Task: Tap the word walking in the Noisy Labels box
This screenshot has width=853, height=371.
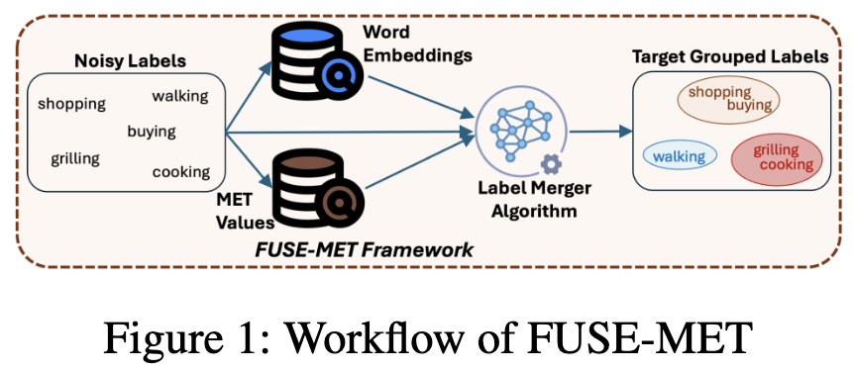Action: (x=179, y=96)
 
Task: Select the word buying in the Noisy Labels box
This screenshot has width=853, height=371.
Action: (x=151, y=131)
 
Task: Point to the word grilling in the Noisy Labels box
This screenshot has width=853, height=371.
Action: (x=75, y=157)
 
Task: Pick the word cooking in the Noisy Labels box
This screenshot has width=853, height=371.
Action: (x=180, y=172)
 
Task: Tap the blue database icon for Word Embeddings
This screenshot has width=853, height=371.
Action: (x=315, y=57)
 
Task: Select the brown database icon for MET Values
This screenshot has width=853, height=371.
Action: (x=315, y=186)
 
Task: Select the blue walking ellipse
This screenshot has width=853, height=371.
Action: (x=680, y=156)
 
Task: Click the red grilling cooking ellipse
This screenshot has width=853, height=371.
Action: (x=776, y=158)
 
